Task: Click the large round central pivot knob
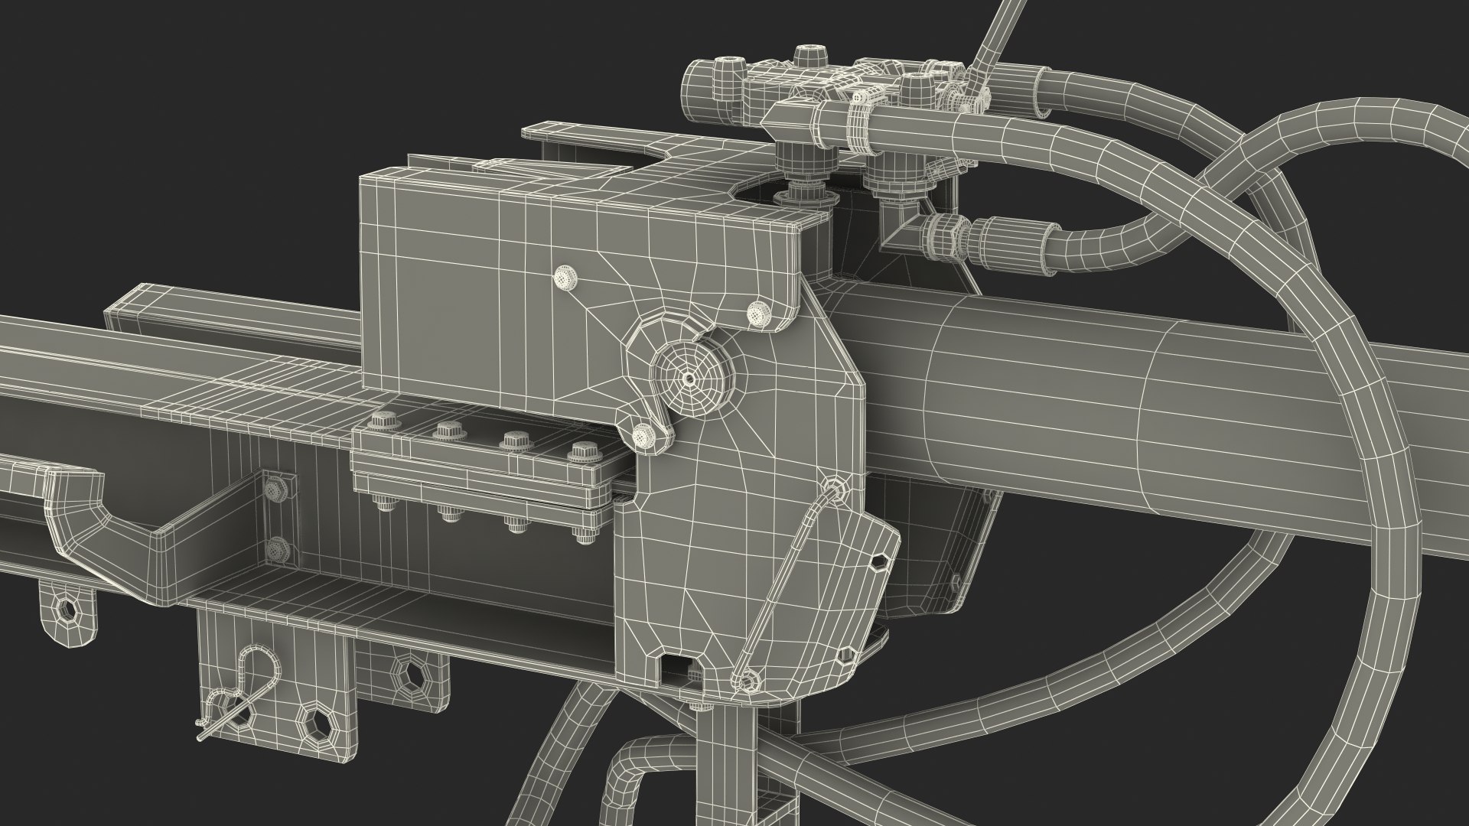(x=689, y=377)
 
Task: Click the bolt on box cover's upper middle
(x=566, y=277)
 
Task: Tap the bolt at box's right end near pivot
(x=757, y=311)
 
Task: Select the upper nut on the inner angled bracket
(x=274, y=487)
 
